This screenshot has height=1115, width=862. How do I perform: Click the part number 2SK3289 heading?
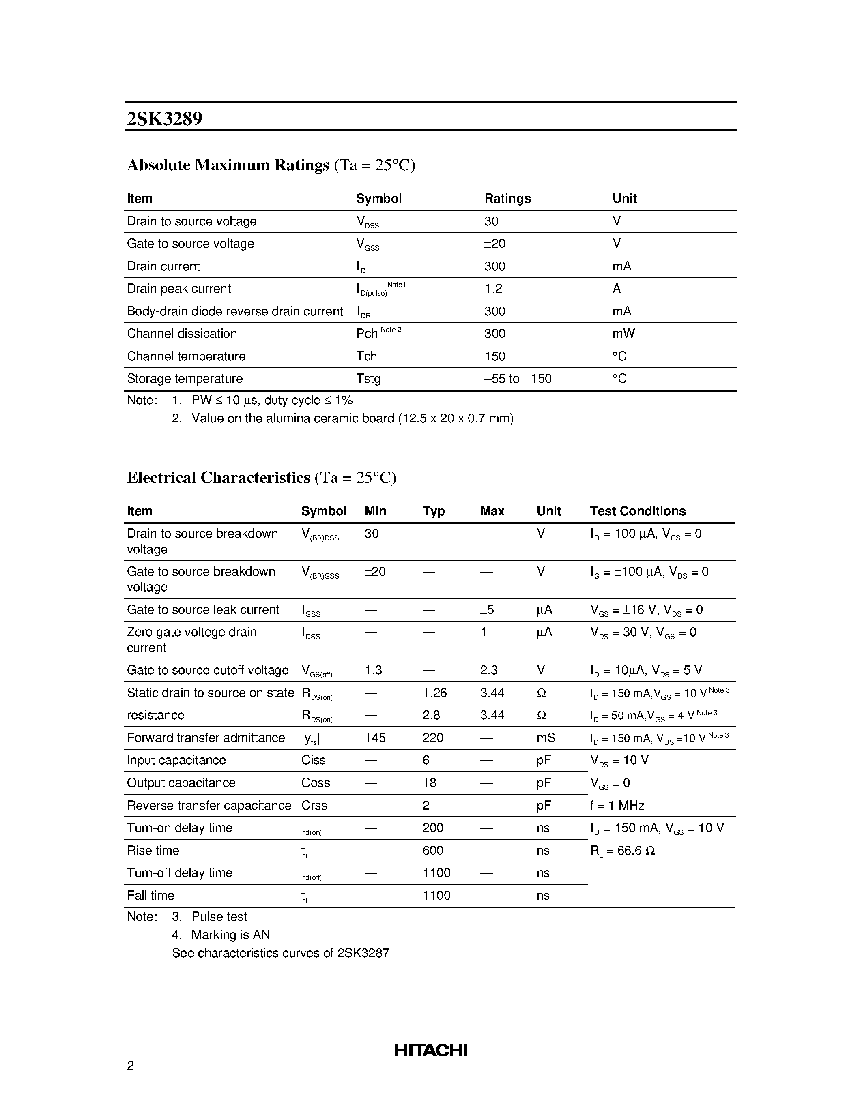[x=164, y=119]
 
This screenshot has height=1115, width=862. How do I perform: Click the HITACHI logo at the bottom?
[x=430, y=1050]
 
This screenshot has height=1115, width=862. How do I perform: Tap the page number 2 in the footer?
[x=130, y=1066]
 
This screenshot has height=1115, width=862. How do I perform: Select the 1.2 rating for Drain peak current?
[x=493, y=289]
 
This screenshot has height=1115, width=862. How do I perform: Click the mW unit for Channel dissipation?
[x=623, y=334]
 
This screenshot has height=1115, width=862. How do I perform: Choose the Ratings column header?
[x=507, y=199]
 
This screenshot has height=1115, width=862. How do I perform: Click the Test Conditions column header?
[x=637, y=511]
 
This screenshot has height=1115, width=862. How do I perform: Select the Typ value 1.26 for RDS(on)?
[x=434, y=693]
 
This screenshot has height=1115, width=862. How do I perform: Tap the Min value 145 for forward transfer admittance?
[x=375, y=738]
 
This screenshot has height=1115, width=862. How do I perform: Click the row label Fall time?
[x=150, y=896]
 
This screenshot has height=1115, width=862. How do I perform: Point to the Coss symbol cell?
[x=315, y=783]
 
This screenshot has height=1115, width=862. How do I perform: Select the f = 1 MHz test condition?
[x=617, y=806]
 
